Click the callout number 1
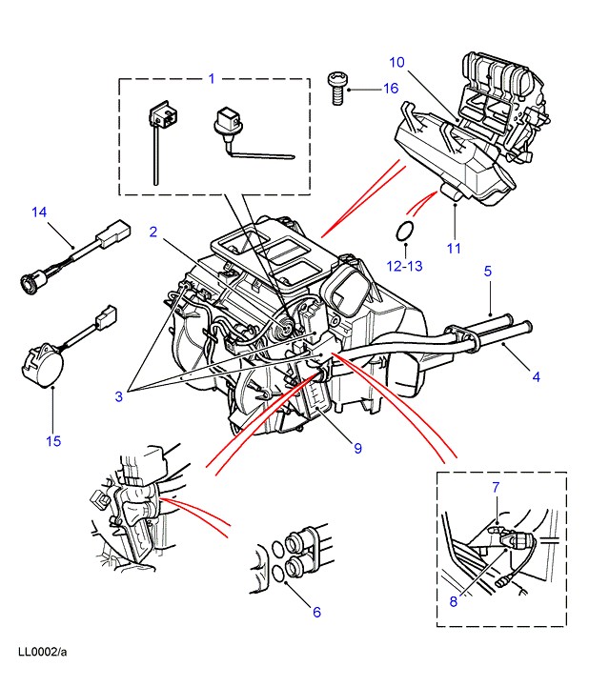coord(213,78)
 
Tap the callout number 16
coord(390,89)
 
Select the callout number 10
coord(397,62)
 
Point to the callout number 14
coord(38,212)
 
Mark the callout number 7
coord(496,489)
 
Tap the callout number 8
coord(454,601)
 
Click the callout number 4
coord(536,376)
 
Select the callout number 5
coord(488,271)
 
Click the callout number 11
coord(454,249)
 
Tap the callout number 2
coord(153,232)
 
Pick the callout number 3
coord(118,397)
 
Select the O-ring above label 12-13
coord(405,231)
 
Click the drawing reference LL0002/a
coord(43,653)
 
